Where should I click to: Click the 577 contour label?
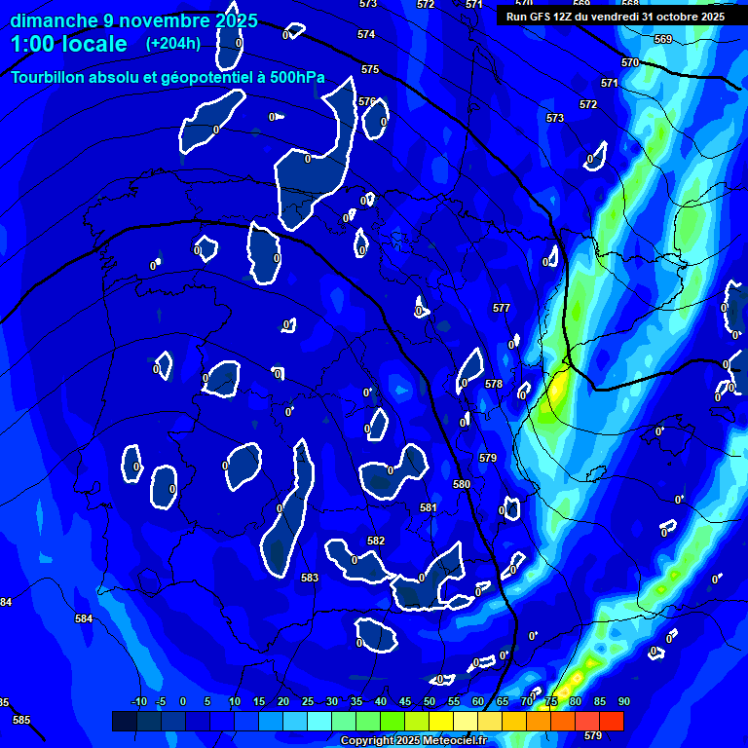pyautogui.click(x=502, y=308)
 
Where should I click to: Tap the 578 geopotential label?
pyautogui.click(x=494, y=384)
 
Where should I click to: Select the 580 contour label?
pyautogui.click(x=462, y=484)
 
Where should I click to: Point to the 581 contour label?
pyautogui.click(x=429, y=507)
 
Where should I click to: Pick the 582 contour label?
pyautogui.click(x=376, y=541)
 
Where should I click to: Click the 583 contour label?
pyautogui.click(x=310, y=578)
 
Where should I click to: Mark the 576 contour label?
pyautogui.click(x=366, y=101)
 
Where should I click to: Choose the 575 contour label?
pyautogui.click(x=370, y=69)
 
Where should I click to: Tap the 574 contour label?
pyautogui.click(x=365, y=34)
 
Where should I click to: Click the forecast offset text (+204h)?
pyautogui.click(x=173, y=44)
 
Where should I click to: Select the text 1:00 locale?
pyautogui.click(x=69, y=44)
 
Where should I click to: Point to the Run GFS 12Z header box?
pyautogui.click(x=616, y=16)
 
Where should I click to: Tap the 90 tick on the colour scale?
pyautogui.click(x=623, y=701)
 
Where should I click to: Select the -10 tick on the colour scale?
pyautogui.click(x=138, y=701)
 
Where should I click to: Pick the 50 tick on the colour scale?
pyautogui.click(x=430, y=701)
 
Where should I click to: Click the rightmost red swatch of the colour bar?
pyautogui.click(x=612, y=721)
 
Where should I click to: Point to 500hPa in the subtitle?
pyautogui.click(x=296, y=78)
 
